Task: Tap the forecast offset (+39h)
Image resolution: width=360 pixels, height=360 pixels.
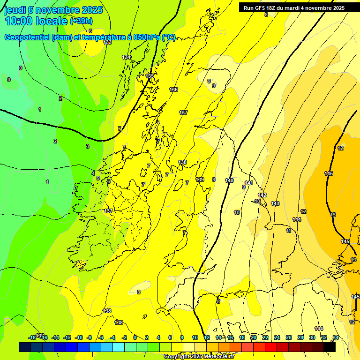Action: point(81,21)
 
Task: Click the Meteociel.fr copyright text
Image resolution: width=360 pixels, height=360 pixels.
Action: point(199,357)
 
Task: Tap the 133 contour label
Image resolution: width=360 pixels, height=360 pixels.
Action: point(107,42)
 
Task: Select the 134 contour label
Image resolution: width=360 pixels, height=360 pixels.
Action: point(126,57)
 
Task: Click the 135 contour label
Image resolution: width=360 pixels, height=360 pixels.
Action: point(150,76)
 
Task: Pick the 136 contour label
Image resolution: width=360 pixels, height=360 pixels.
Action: point(173,90)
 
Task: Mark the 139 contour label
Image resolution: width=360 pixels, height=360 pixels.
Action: point(200,180)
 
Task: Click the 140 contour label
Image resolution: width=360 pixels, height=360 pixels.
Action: point(229,180)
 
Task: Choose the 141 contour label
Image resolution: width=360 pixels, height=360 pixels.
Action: point(249,183)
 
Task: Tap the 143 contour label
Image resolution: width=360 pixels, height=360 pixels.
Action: point(275,203)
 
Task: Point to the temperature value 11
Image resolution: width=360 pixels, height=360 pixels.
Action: point(289,231)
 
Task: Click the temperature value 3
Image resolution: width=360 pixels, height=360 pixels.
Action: point(87,146)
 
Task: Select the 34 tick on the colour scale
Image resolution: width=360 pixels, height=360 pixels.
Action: point(336,337)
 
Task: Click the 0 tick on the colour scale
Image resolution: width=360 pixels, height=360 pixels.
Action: point(135,337)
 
